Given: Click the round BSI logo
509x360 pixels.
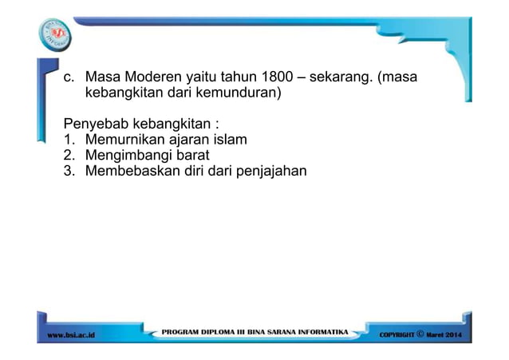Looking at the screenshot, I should pyautogui.click(x=55, y=34).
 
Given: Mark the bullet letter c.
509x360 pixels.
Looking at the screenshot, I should pyautogui.click(x=69, y=78).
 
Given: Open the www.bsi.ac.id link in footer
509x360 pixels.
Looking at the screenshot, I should pyautogui.click(x=71, y=332).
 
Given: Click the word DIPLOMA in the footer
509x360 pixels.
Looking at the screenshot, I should pyautogui.click(x=216, y=330).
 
